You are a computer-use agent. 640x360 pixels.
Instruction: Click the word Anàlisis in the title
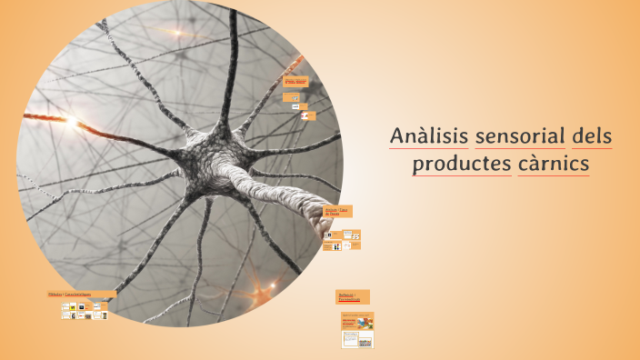429,137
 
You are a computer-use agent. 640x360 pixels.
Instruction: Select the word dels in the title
592,137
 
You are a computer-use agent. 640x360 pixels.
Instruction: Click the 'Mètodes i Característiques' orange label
81,295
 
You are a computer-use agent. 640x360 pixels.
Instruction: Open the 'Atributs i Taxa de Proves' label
337,211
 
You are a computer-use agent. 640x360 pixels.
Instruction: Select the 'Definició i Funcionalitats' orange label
353,296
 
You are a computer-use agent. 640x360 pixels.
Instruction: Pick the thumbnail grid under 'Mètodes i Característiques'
83,311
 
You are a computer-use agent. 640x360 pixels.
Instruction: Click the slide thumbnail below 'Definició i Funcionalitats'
356,329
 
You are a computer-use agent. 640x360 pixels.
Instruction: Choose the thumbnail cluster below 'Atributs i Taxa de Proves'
343,240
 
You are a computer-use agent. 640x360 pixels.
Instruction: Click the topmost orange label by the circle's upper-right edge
296,81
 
